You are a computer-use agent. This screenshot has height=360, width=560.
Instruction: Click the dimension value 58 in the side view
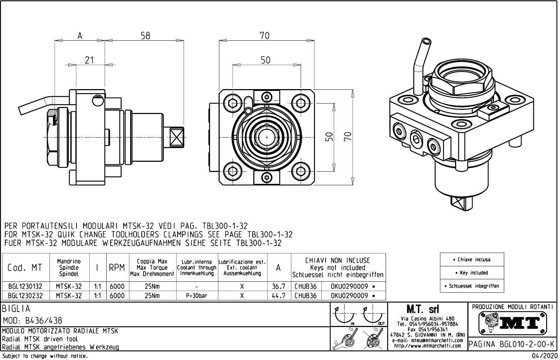click(x=145, y=36)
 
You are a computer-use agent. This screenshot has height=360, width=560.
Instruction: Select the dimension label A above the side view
click(x=80, y=36)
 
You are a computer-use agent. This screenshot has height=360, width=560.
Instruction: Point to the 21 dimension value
click(x=89, y=60)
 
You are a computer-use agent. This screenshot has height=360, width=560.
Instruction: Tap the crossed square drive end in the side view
click(x=176, y=137)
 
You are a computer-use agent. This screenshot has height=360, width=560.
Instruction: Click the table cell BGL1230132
click(x=25, y=287)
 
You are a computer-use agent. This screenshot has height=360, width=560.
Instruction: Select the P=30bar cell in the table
click(x=196, y=296)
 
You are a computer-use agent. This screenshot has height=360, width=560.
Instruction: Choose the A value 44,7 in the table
click(x=279, y=296)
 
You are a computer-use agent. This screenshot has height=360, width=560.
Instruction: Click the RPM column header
click(x=117, y=268)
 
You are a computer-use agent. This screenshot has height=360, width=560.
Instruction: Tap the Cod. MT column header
click(x=25, y=268)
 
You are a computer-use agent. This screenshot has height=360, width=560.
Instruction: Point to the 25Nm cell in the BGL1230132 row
click(x=152, y=287)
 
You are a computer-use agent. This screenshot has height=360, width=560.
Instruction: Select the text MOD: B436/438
click(x=33, y=320)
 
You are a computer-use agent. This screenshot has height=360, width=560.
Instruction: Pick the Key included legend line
click(x=472, y=273)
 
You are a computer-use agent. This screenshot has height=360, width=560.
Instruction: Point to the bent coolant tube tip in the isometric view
click(x=426, y=41)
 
